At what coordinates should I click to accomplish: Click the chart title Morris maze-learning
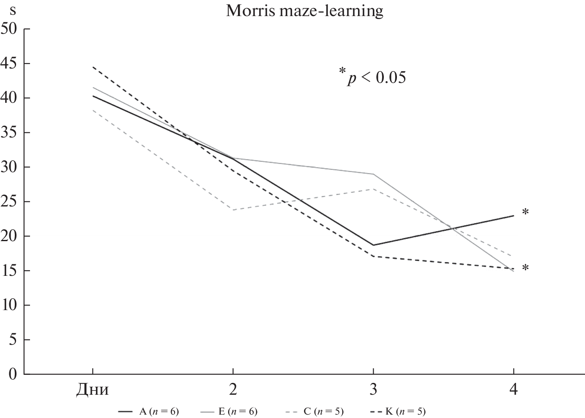click(x=304, y=11)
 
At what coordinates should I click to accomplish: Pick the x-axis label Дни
click(x=93, y=389)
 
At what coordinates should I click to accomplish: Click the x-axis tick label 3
click(x=373, y=389)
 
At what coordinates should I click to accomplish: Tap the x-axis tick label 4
click(x=513, y=389)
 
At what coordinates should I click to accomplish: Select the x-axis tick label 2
click(x=233, y=389)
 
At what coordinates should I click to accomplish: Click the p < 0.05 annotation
click(x=372, y=77)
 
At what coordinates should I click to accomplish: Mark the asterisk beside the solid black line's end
click(x=525, y=213)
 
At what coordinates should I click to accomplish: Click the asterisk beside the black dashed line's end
click(x=525, y=268)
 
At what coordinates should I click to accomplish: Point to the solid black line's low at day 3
click(x=373, y=245)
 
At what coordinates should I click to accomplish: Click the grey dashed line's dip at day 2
click(x=233, y=210)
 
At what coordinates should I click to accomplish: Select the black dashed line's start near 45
click(x=93, y=67)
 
